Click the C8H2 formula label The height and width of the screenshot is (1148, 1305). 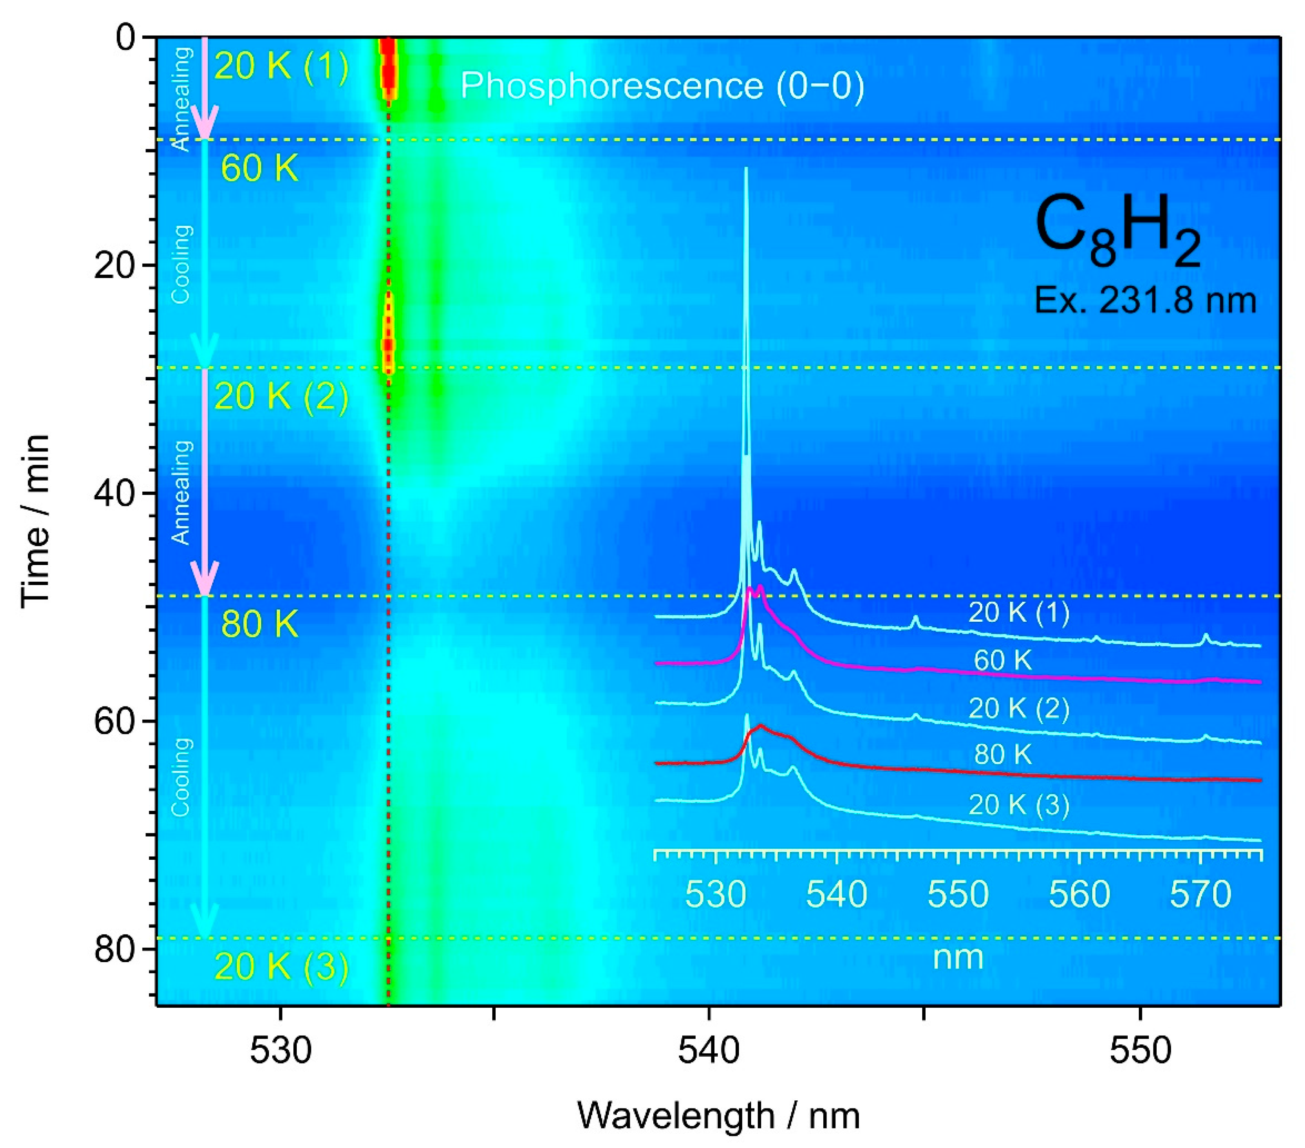click(1117, 234)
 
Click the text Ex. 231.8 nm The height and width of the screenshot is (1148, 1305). click(1145, 300)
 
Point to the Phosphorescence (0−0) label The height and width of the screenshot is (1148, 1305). click(662, 86)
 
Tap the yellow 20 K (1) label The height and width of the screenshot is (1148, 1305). click(282, 66)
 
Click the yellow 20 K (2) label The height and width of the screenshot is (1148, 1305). click(282, 397)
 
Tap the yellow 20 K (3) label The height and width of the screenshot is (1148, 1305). click(282, 966)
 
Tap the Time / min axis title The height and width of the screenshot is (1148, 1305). click(35, 520)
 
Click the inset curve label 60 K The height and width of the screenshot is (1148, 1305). click(1002, 660)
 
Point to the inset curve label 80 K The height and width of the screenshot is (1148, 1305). click(1002, 755)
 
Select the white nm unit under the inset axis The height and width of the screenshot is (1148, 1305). click(958, 958)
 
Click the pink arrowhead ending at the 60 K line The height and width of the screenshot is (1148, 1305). click(205, 123)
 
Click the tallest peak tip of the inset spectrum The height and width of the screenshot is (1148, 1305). click(746, 169)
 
